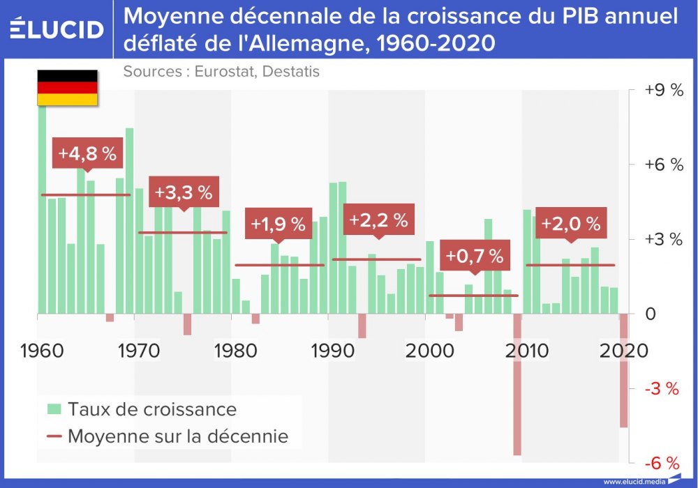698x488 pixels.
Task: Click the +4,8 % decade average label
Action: [x=87, y=154]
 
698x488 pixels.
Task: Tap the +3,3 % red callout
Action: [x=184, y=192]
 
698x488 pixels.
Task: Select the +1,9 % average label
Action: [x=278, y=224]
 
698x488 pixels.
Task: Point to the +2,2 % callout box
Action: [x=378, y=220]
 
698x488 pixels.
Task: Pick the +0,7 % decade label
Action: [x=475, y=256]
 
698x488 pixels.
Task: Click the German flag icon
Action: [x=67, y=88]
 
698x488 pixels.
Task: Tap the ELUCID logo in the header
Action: [x=57, y=29]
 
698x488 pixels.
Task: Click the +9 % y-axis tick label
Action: [x=663, y=91]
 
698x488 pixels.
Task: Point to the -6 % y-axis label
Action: [x=662, y=463]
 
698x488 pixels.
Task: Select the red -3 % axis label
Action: [x=662, y=388]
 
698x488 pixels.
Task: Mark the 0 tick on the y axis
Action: [x=651, y=314]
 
